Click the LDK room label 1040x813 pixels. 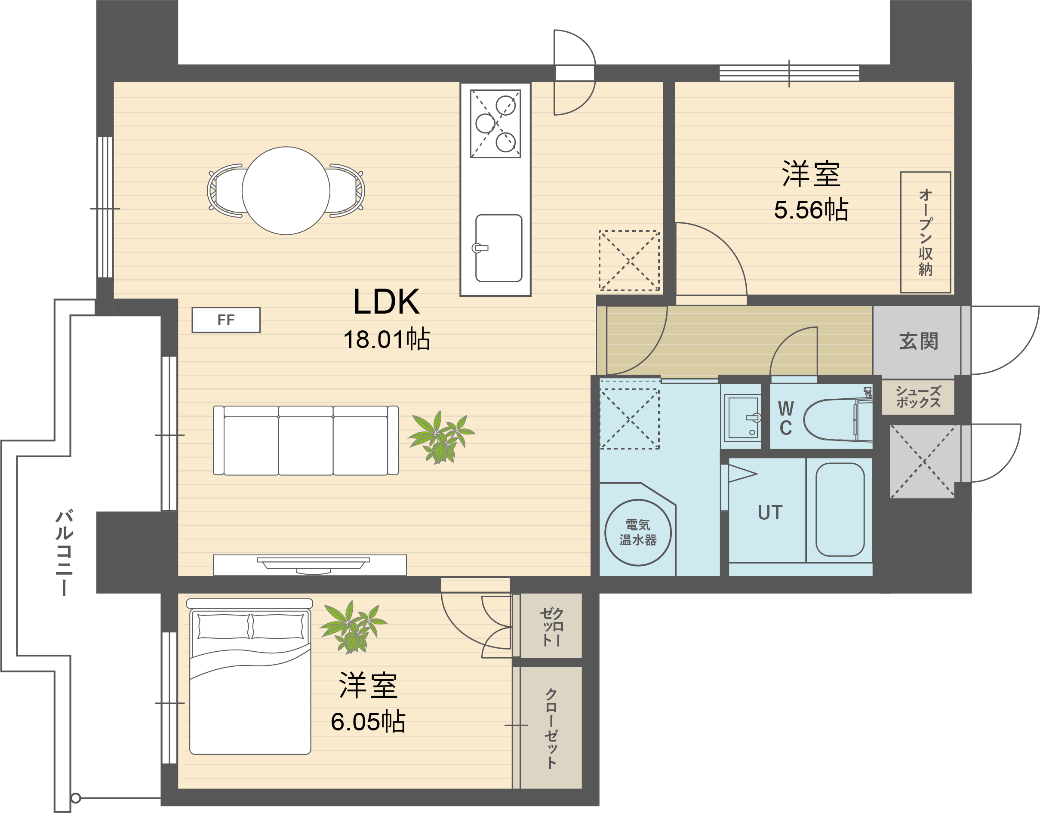[386, 302]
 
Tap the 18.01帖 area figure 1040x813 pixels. [387, 339]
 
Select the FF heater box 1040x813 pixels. [226, 320]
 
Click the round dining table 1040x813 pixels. [286, 191]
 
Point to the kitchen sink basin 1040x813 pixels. [498, 248]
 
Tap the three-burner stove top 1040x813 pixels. [495, 123]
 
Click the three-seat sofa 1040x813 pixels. [306, 440]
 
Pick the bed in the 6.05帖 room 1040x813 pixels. [249, 676]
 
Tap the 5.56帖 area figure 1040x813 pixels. [811, 210]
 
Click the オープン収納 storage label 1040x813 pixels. [925, 232]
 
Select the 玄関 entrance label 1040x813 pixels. [919, 341]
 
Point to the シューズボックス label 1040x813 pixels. [918, 397]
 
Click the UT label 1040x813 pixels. [770, 512]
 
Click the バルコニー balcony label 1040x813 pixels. [64, 552]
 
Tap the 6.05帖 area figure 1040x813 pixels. [368, 721]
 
